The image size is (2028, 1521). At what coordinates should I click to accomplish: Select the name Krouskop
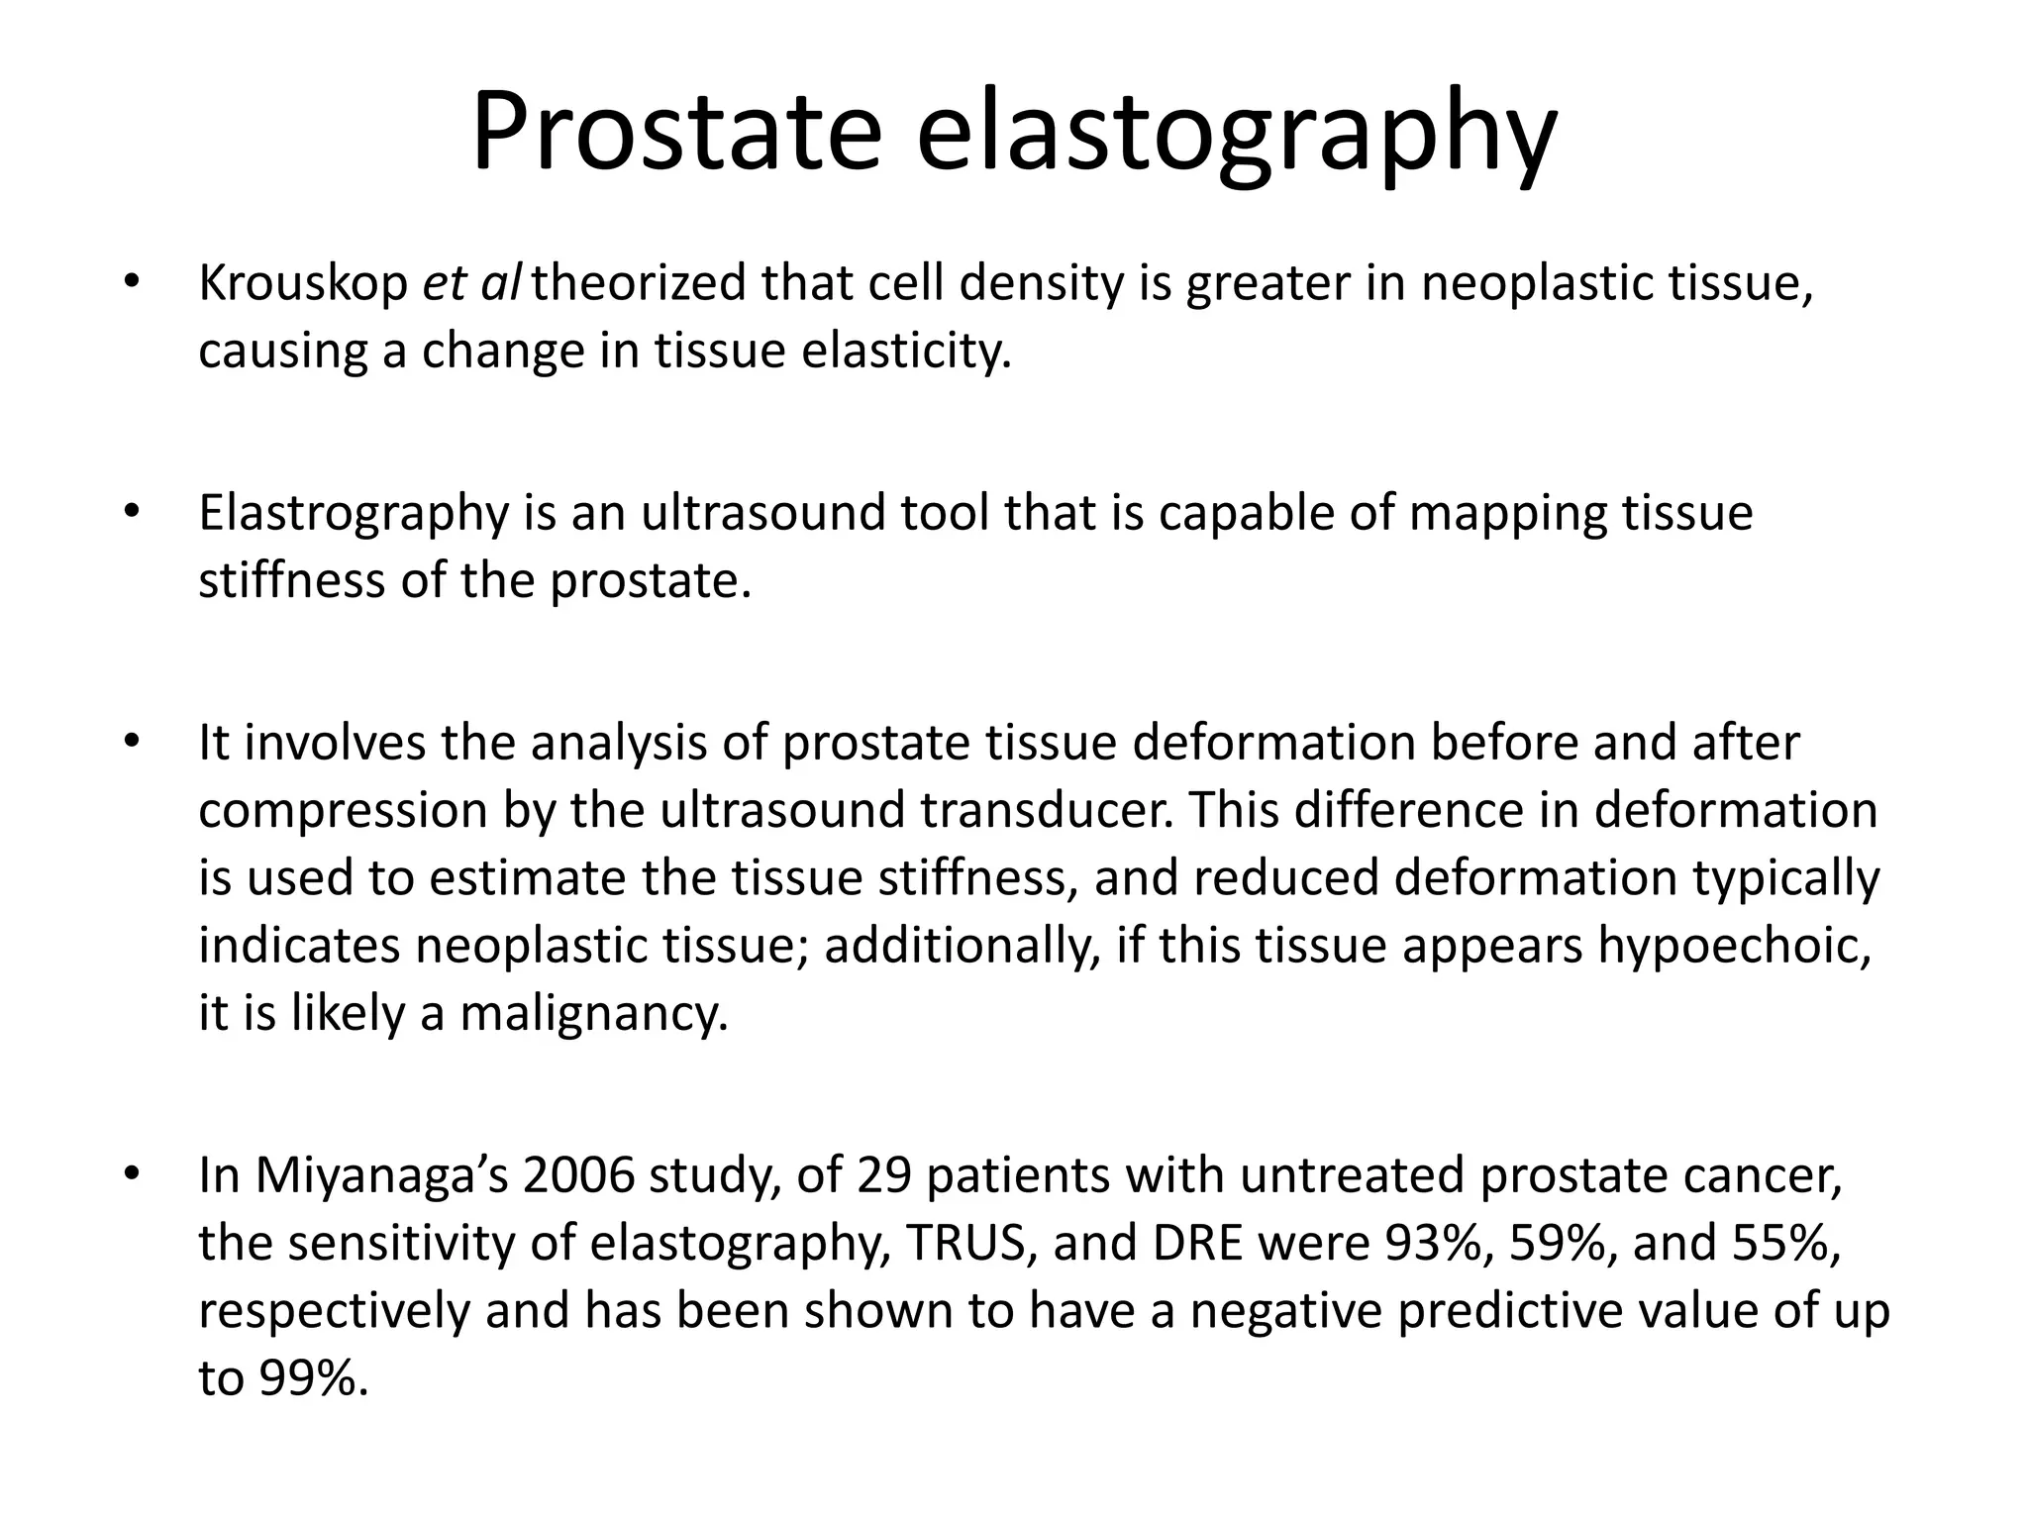tap(303, 284)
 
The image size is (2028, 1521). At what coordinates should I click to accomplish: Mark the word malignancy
tap(594, 1014)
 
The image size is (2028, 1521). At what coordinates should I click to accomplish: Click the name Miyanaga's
tap(380, 1176)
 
